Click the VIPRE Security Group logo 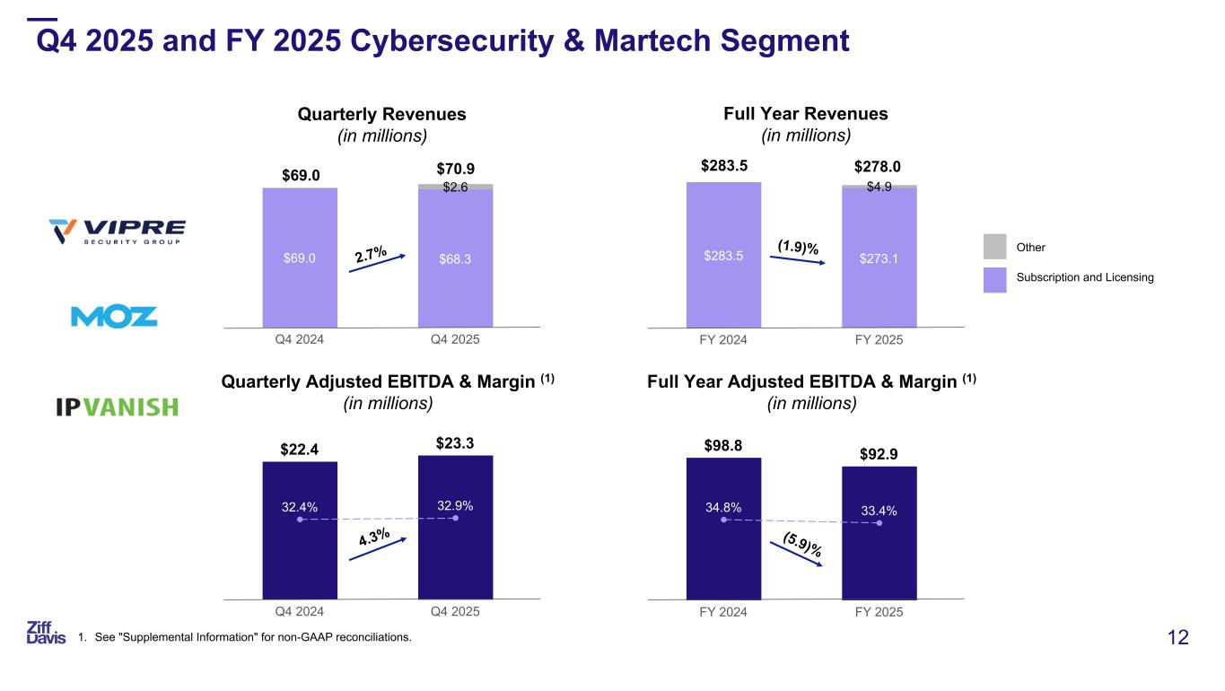(x=117, y=232)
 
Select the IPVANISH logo (x=117, y=407)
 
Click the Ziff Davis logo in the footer (x=46, y=632)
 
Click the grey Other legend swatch (x=995, y=247)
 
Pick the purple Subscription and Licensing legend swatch (x=995, y=278)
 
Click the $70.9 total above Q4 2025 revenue (x=455, y=169)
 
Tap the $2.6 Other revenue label (x=456, y=188)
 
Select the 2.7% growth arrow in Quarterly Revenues (x=378, y=259)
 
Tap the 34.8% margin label (x=722, y=507)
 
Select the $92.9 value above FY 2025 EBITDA (x=879, y=454)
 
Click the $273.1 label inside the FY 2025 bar (x=879, y=260)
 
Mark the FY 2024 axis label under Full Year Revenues (x=722, y=340)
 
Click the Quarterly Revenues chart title (x=381, y=115)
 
